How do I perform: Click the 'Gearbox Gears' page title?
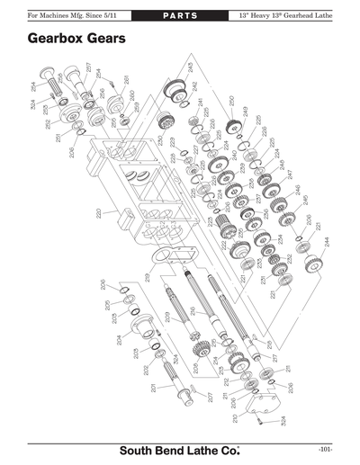pyautogui.click(x=76, y=40)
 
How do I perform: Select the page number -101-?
pyautogui.click(x=326, y=448)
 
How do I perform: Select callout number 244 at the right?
pyautogui.click(x=327, y=241)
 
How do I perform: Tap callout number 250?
pyautogui.click(x=232, y=101)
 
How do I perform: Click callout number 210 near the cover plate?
pyautogui.click(x=236, y=416)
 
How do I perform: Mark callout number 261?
pyautogui.click(x=126, y=80)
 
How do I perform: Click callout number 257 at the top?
pyautogui.click(x=89, y=67)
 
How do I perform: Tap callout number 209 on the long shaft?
pyautogui.click(x=167, y=316)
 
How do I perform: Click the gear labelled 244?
pyautogui.click(x=314, y=262)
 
